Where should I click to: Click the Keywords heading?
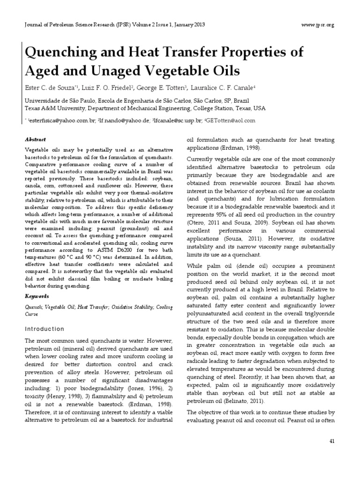point(36,296)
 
